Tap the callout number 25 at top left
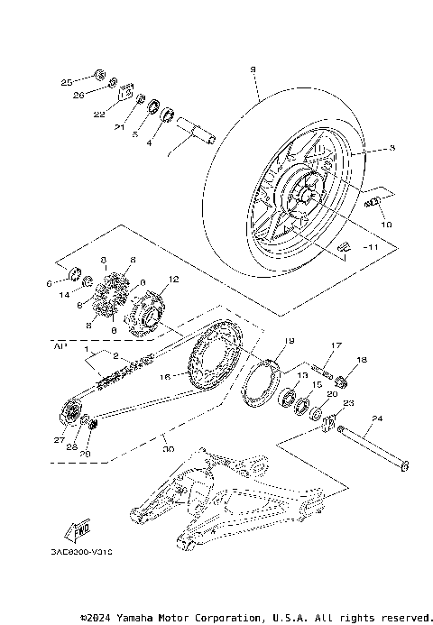(x=66, y=82)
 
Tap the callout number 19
(x=290, y=341)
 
